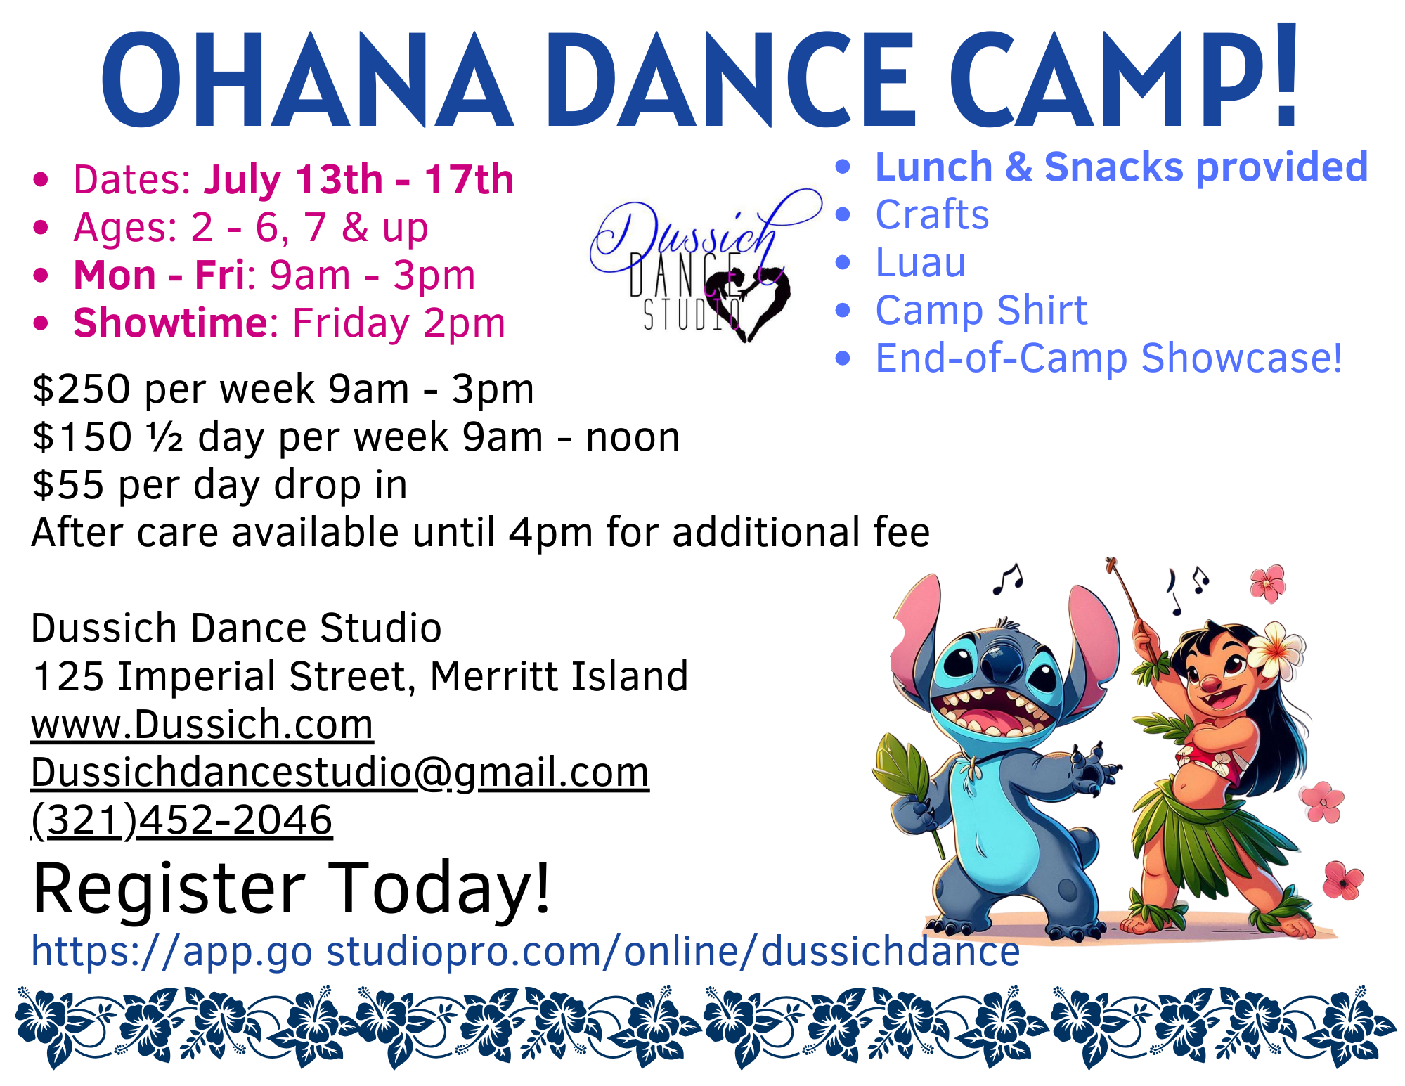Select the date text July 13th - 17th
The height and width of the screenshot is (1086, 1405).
tap(358, 179)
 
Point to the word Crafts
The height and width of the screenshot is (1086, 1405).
tap(932, 214)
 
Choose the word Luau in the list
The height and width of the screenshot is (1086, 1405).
tap(921, 262)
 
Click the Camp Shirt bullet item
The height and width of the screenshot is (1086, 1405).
tap(981, 310)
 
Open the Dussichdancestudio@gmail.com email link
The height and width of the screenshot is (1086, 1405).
tap(340, 773)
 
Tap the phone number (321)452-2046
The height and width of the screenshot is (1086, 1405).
tap(182, 820)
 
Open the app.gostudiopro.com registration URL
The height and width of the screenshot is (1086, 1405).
tap(526, 951)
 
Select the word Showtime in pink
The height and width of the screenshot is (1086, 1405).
tap(171, 323)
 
